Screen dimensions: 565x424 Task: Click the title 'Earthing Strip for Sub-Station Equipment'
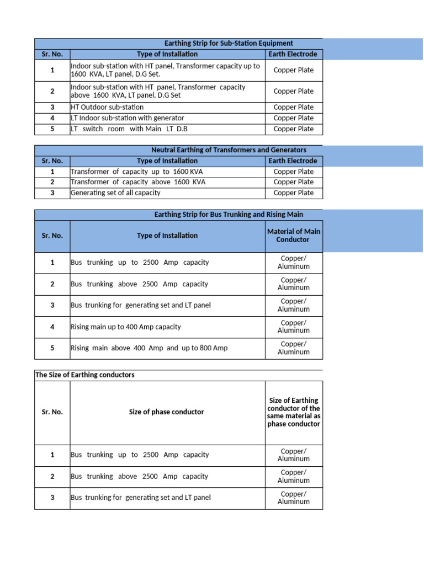click(229, 44)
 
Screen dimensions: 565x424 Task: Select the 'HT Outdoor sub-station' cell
click(107, 107)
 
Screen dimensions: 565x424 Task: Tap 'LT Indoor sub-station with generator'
click(128, 118)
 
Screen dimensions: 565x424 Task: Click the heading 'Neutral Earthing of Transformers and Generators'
click(229, 150)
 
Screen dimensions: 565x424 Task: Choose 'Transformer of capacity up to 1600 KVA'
click(137, 172)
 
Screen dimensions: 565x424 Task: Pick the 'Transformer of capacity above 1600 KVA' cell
click(138, 182)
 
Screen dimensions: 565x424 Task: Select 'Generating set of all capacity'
click(115, 193)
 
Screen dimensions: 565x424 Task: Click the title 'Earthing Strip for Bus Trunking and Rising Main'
click(229, 215)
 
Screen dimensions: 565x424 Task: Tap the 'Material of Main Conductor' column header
click(294, 236)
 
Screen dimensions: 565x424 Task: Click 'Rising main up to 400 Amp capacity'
click(126, 327)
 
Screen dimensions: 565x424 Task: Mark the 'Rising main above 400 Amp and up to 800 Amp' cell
click(149, 348)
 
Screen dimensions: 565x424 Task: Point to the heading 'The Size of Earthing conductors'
click(85, 375)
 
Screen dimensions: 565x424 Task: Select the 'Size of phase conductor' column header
click(167, 412)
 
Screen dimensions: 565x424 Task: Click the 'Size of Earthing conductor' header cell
click(294, 412)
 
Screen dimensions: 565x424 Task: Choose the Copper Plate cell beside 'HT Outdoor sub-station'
click(294, 107)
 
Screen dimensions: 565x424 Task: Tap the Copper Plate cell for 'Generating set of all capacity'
click(294, 193)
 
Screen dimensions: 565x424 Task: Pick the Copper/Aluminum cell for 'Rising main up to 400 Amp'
click(294, 327)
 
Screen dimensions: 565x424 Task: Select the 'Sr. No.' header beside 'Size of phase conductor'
click(52, 412)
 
